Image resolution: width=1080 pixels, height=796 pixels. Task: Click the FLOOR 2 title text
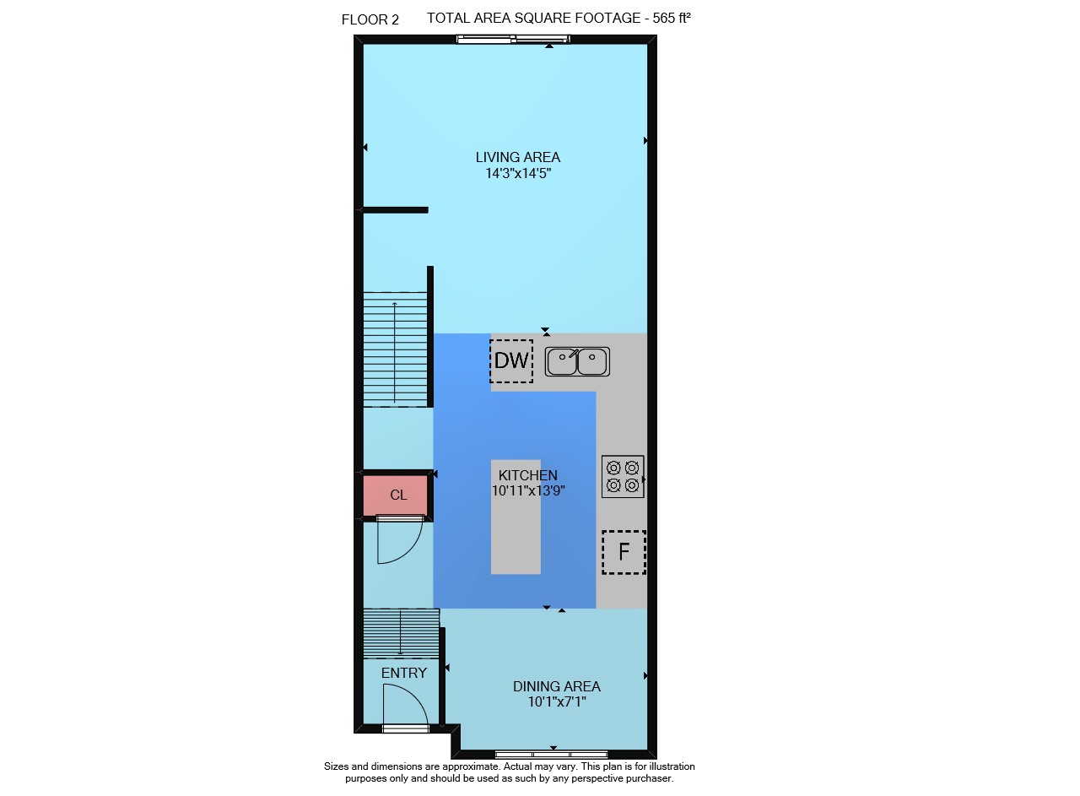[x=370, y=19]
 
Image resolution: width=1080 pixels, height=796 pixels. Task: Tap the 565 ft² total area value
[x=672, y=18]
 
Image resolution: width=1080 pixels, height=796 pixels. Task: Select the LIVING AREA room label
[x=518, y=157]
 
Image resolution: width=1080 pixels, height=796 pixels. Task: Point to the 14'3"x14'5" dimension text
[x=518, y=173]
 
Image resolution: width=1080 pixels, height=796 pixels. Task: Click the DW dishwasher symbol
[x=511, y=360]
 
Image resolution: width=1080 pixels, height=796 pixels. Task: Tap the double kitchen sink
[x=577, y=361]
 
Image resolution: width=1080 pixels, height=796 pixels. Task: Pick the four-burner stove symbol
[x=623, y=476]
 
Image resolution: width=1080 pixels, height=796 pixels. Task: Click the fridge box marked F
[x=624, y=552]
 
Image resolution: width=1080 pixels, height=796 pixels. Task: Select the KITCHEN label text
[x=528, y=475]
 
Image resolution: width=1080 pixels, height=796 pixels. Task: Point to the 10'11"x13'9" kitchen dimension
[x=528, y=490]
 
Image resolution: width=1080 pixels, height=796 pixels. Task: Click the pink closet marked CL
[x=395, y=495]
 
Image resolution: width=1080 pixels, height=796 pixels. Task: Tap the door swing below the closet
[x=400, y=541]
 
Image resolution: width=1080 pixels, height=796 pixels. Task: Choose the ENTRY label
[x=404, y=673]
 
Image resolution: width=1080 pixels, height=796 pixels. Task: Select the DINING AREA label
[x=556, y=686]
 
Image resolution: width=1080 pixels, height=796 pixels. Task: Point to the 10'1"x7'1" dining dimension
[x=557, y=701]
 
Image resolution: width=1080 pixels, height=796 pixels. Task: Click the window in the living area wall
[x=514, y=39]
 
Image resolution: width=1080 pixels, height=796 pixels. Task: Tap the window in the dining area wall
[x=552, y=754]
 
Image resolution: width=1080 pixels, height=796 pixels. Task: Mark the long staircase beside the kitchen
[x=395, y=349]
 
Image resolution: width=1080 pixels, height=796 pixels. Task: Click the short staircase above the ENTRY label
[x=401, y=633]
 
